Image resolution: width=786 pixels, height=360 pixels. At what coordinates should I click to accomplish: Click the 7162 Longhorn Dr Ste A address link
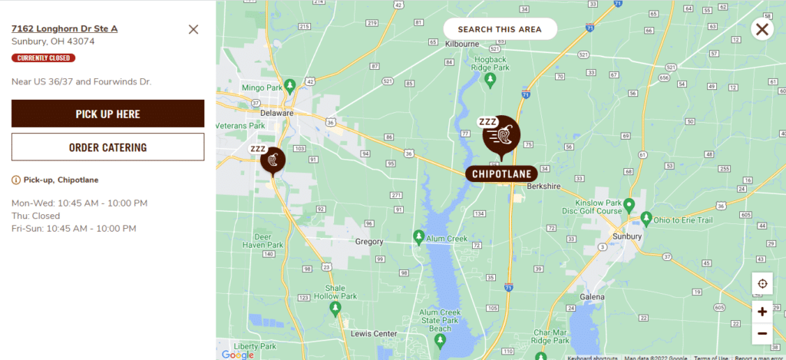coord(64,28)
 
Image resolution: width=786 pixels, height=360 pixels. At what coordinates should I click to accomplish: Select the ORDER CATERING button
coord(107,147)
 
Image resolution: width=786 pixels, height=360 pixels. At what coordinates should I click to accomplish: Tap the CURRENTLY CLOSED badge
coord(43,58)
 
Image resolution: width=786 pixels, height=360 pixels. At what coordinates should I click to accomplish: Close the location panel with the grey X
coord(193,29)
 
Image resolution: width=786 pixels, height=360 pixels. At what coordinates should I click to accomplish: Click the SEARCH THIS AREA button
coord(500,29)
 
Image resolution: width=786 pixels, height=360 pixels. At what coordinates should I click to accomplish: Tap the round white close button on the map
coord(762,30)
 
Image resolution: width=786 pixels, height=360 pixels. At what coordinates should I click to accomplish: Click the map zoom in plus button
coord(762,312)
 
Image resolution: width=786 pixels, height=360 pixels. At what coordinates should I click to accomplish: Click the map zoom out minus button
coord(762,333)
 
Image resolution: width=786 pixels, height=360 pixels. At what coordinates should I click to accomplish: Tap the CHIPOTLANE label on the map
coord(501,173)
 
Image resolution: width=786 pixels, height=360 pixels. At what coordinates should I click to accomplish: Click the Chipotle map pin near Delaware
coord(272,160)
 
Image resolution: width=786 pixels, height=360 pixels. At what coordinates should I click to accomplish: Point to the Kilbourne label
coord(462,44)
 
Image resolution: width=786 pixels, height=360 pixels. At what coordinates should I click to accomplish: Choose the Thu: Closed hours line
coord(35,216)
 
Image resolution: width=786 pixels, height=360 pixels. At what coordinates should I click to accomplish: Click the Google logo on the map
coord(237,354)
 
